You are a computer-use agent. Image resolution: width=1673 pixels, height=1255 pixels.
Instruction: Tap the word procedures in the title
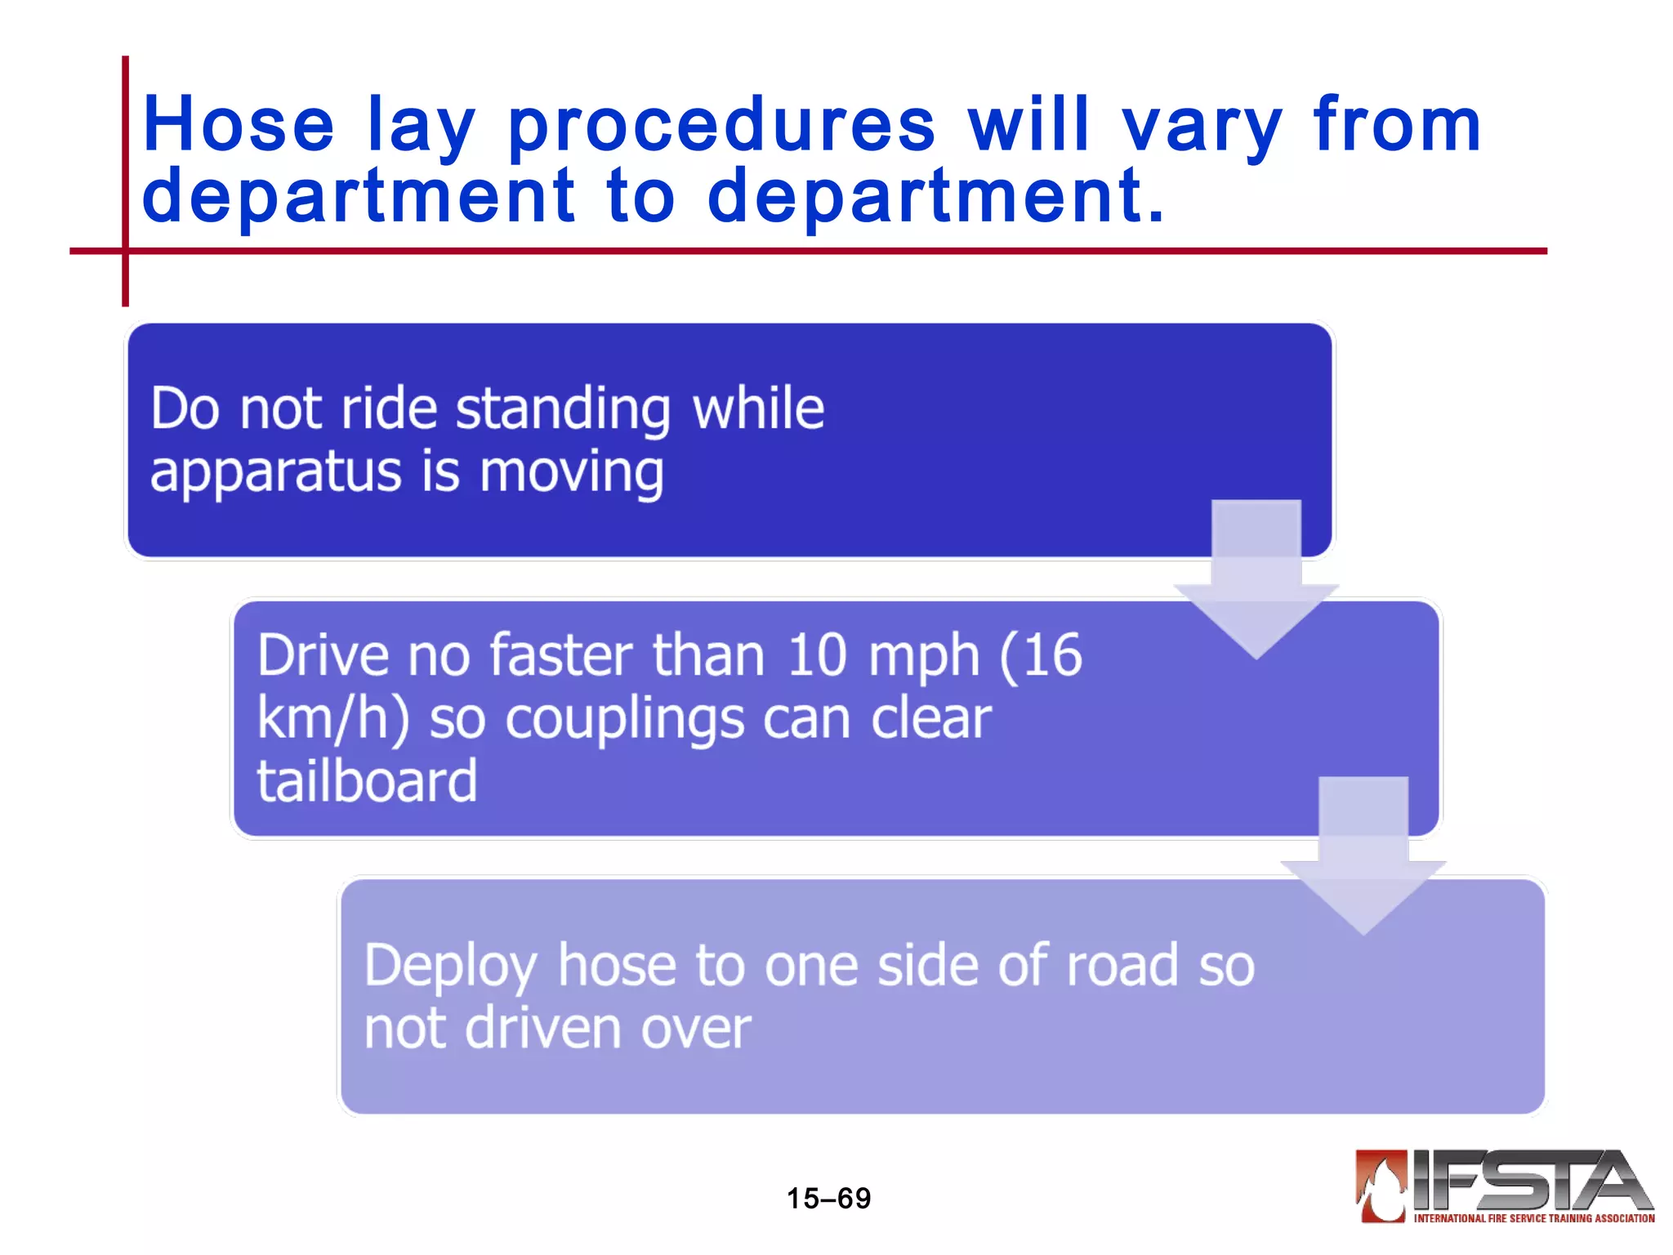coord(721,127)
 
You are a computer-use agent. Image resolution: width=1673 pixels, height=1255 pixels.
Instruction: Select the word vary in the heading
coord(1202,127)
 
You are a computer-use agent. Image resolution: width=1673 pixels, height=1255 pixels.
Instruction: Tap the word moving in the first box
coord(571,474)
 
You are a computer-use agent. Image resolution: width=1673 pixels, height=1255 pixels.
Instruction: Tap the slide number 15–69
coord(828,1199)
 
